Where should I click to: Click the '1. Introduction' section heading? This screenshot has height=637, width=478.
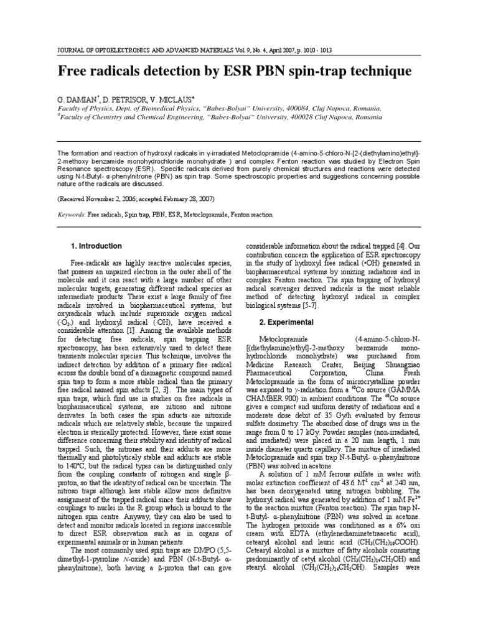click(x=96, y=246)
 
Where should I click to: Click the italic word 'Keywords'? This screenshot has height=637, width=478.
click(x=72, y=215)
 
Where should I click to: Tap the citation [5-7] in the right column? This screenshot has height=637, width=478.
click(x=309, y=305)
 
